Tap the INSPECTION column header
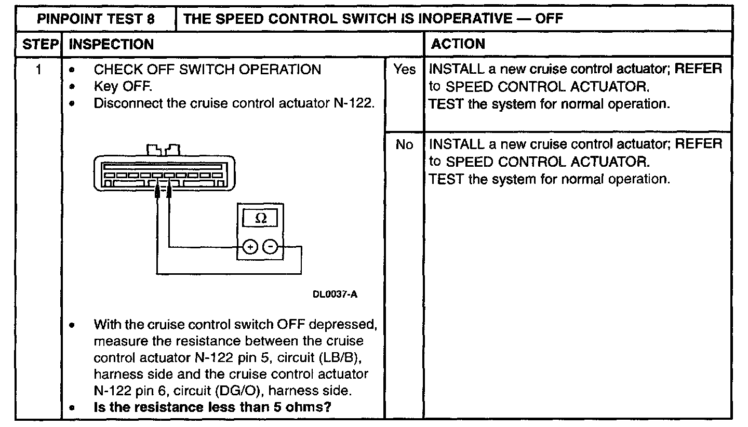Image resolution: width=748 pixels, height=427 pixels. (111, 45)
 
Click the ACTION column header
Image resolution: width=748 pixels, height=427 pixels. (458, 45)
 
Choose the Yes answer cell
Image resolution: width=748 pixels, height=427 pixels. (404, 69)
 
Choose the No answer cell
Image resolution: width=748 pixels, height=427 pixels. (404, 145)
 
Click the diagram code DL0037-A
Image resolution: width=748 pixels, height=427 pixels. (335, 295)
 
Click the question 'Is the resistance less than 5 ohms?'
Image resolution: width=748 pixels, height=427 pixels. (212, 407)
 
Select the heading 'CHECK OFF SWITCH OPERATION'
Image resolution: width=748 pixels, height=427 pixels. (207, 69)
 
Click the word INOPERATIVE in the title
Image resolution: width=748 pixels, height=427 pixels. (471, 20)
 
